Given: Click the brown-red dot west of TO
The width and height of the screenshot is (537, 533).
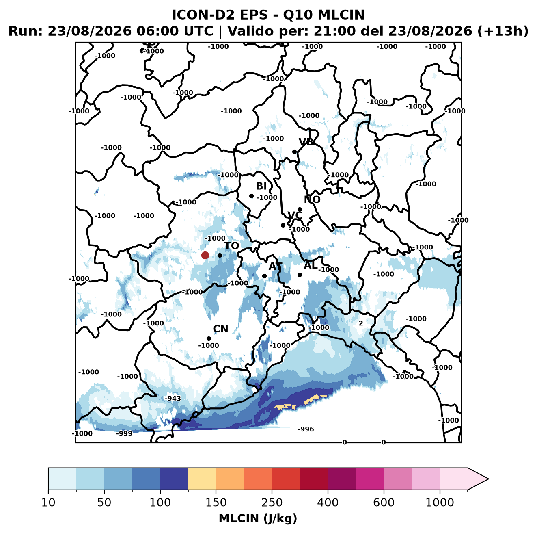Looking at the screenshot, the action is point(205,255).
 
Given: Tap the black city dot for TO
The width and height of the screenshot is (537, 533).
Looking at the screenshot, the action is point(220,255).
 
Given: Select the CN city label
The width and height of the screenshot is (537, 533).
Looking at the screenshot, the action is point(220,329).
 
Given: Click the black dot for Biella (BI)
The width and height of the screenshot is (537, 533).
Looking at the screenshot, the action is point(251,196).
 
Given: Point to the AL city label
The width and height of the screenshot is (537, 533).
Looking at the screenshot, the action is point(311,265).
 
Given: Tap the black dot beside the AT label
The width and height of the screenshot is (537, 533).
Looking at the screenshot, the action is point(264,276).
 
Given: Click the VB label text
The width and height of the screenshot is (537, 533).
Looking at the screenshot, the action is point(306,142).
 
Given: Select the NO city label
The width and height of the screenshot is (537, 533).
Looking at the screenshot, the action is point(312,199).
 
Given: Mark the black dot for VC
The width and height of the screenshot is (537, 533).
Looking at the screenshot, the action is point(283,225).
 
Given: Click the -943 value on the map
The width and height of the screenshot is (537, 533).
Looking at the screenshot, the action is point(173,399).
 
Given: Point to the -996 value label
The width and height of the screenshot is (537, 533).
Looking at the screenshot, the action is point(306,429).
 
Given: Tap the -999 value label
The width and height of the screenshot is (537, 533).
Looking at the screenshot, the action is point(124,434).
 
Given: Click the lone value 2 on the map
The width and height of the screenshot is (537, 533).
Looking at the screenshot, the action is point(361,323).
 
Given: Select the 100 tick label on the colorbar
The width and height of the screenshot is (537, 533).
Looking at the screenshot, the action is point(160,503).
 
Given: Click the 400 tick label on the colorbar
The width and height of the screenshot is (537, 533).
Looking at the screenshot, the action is point(328,503).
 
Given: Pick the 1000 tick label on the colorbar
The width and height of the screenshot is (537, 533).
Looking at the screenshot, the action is point(440,503).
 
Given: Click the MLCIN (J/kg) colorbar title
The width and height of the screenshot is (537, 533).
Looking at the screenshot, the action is point(258,518).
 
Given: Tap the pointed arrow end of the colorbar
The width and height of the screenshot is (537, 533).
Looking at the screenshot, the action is point(488,479).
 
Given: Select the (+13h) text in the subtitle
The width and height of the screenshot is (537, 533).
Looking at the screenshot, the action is point(503,31).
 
